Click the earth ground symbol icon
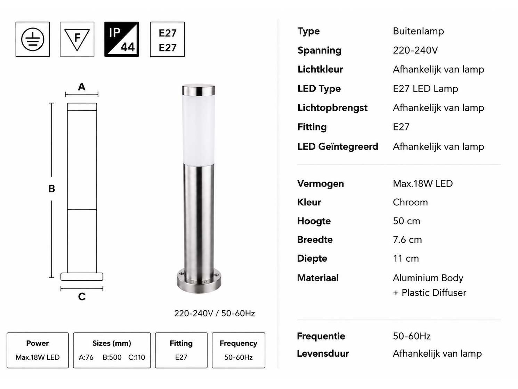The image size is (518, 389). tap(33, 39)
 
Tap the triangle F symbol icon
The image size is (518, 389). tap(77, 39)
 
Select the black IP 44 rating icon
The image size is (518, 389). tap(122, 39)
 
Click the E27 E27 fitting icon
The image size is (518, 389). tap(167, 39)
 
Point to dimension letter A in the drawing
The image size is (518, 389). tap(82, 87)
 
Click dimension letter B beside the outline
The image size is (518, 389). tap(52, 189)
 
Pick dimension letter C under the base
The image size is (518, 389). tap(82, 297)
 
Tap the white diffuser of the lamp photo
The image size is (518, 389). tap(199, 130)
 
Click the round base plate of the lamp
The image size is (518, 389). tap(199, 282)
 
